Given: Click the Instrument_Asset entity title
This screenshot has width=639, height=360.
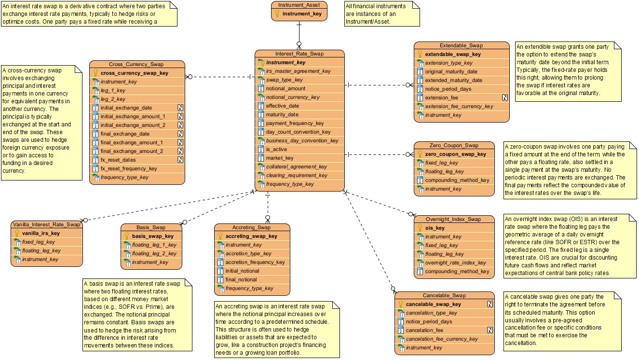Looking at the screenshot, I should click(299, 5).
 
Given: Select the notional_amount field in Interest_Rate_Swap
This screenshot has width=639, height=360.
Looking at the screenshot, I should click(286, 89).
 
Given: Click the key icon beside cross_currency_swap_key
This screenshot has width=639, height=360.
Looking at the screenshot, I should click(95, 73).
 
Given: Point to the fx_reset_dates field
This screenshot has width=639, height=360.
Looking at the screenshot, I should click(118, 160).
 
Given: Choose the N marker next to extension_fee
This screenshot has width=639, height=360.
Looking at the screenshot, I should click(505, 97).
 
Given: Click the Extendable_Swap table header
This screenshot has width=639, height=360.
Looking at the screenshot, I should click(461, 46).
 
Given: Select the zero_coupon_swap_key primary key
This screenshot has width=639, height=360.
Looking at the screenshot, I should click(455, 154).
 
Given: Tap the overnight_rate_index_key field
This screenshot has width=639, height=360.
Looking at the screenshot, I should click(455, 263).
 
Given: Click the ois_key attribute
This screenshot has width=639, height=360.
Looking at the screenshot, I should click(435, 228).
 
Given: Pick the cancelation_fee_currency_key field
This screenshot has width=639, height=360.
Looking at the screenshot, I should click(442, 339).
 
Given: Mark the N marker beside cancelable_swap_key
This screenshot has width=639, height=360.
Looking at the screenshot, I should click(489, 305).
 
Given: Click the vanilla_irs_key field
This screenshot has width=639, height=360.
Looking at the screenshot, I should click(41, 233).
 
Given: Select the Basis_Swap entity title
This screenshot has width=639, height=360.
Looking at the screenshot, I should click(151, 228).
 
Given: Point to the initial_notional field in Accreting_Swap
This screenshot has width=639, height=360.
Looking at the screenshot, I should click(242, 271).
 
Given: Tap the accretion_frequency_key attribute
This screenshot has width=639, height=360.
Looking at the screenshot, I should click(255, 263).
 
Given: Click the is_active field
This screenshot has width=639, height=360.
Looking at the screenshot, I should click(276, 150).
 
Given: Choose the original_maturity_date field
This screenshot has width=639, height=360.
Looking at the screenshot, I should click(451, 72).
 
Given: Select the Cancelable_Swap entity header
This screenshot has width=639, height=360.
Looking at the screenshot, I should click(444, 296).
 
